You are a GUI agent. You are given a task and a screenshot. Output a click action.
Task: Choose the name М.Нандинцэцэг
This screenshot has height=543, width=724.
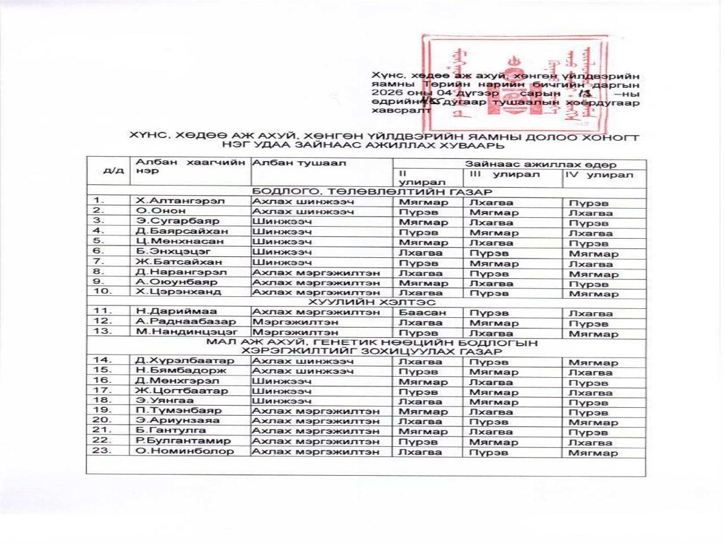[x=186, y=332]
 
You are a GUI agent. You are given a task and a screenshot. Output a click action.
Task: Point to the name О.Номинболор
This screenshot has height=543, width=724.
[x=184, y=451]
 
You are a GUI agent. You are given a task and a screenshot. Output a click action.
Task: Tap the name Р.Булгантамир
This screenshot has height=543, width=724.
[x=183, y=441]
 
